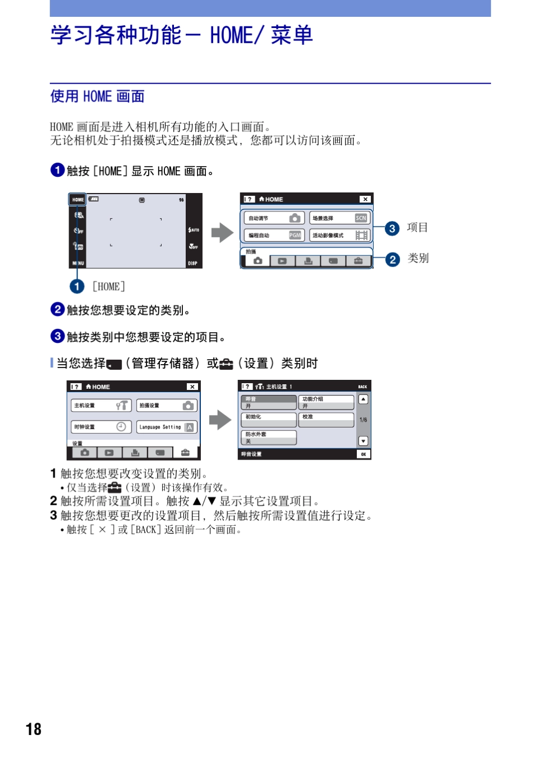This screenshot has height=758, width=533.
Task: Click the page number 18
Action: pyautogui.click(x=34, y=729)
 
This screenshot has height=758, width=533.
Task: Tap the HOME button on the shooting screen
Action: pyautogui.click(x=77, y=199)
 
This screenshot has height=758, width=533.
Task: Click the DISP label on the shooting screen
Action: pyautogui.click(x=192, y=263)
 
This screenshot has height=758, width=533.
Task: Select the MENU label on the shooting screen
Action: pyautogui.click(x=78, y=263)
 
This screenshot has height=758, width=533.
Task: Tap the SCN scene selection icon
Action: pyautogui.click(x=361, y=218)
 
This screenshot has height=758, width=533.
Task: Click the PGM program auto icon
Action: pyautogui.click(x=295, y=235)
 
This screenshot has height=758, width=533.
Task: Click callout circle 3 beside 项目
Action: pyautogui.click(x=392, y=228)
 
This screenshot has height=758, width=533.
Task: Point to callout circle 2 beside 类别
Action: pyautogui.click(x=393, y=259)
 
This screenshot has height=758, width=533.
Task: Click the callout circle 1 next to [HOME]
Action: pyautogui.click(x=77, y=287)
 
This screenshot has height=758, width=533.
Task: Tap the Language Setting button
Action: pyautogui.click(x=167, y=427)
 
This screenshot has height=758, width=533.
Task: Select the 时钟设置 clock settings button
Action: pyautogui.click(x=101, y=427)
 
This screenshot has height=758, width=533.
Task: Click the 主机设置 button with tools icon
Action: pyautogui.click(x=101, y=405)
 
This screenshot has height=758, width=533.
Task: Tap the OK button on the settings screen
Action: pyautogui.click(x=363, y=454)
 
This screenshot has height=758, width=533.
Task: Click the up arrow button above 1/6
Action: pyautogui.click(x=363, y=399)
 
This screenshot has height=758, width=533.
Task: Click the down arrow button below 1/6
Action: pyautogui.click(x=363, y=441)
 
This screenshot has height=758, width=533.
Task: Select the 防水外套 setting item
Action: pyautogui.click(x=269, y=438)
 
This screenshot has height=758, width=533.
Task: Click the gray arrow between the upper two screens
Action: pyautogui.click(x=223, y=232)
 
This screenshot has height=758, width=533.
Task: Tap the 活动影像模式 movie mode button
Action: pyautogui.click(x=340, y=235)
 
